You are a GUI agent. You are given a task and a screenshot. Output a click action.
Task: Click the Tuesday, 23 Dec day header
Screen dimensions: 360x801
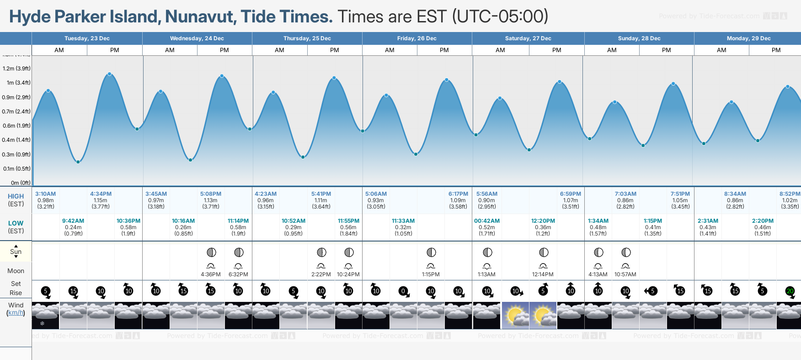87,38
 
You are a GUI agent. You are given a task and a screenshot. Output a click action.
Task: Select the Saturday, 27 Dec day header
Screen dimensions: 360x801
528,38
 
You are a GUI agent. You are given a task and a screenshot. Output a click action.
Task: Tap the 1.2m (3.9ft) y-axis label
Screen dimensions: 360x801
16,69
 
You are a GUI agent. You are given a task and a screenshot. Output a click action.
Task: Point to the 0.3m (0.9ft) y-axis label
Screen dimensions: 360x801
16,155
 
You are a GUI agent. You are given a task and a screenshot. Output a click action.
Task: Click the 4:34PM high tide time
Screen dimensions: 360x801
101,194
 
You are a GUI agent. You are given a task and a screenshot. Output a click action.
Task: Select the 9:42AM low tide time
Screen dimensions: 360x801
73,221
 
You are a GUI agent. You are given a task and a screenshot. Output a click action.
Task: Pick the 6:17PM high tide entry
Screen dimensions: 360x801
458,194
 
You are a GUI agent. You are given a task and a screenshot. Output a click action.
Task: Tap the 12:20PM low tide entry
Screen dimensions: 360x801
543,221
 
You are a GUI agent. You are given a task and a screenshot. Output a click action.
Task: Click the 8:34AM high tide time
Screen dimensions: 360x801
735,194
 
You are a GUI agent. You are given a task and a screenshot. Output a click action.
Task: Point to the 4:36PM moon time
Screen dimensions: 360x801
211,274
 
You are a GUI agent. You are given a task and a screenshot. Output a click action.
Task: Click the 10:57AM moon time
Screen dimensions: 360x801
625,274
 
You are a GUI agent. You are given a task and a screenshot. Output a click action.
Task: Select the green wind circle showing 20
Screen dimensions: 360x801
790,291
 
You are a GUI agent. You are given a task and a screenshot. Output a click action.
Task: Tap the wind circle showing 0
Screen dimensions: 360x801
403,291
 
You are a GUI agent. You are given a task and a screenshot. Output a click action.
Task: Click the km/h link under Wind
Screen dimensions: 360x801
16,313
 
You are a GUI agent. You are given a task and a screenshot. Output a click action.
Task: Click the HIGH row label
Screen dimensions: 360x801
16,196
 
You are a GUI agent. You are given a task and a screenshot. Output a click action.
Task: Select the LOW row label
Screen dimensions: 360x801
16,223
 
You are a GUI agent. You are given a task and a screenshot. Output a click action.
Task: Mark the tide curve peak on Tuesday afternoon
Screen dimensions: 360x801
110,74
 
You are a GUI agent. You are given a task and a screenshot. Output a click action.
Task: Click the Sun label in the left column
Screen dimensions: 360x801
16,252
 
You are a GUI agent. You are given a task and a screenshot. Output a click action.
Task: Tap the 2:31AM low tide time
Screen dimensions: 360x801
708,221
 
